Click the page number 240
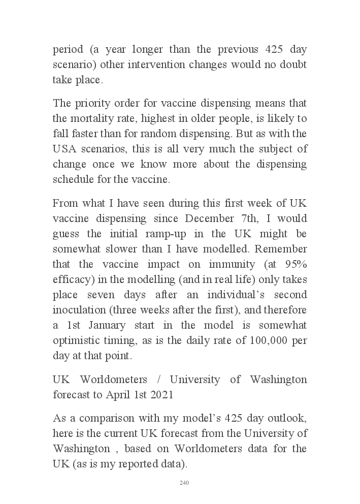[184, 483]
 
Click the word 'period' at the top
[68, 50]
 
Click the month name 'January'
[112, 325]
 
